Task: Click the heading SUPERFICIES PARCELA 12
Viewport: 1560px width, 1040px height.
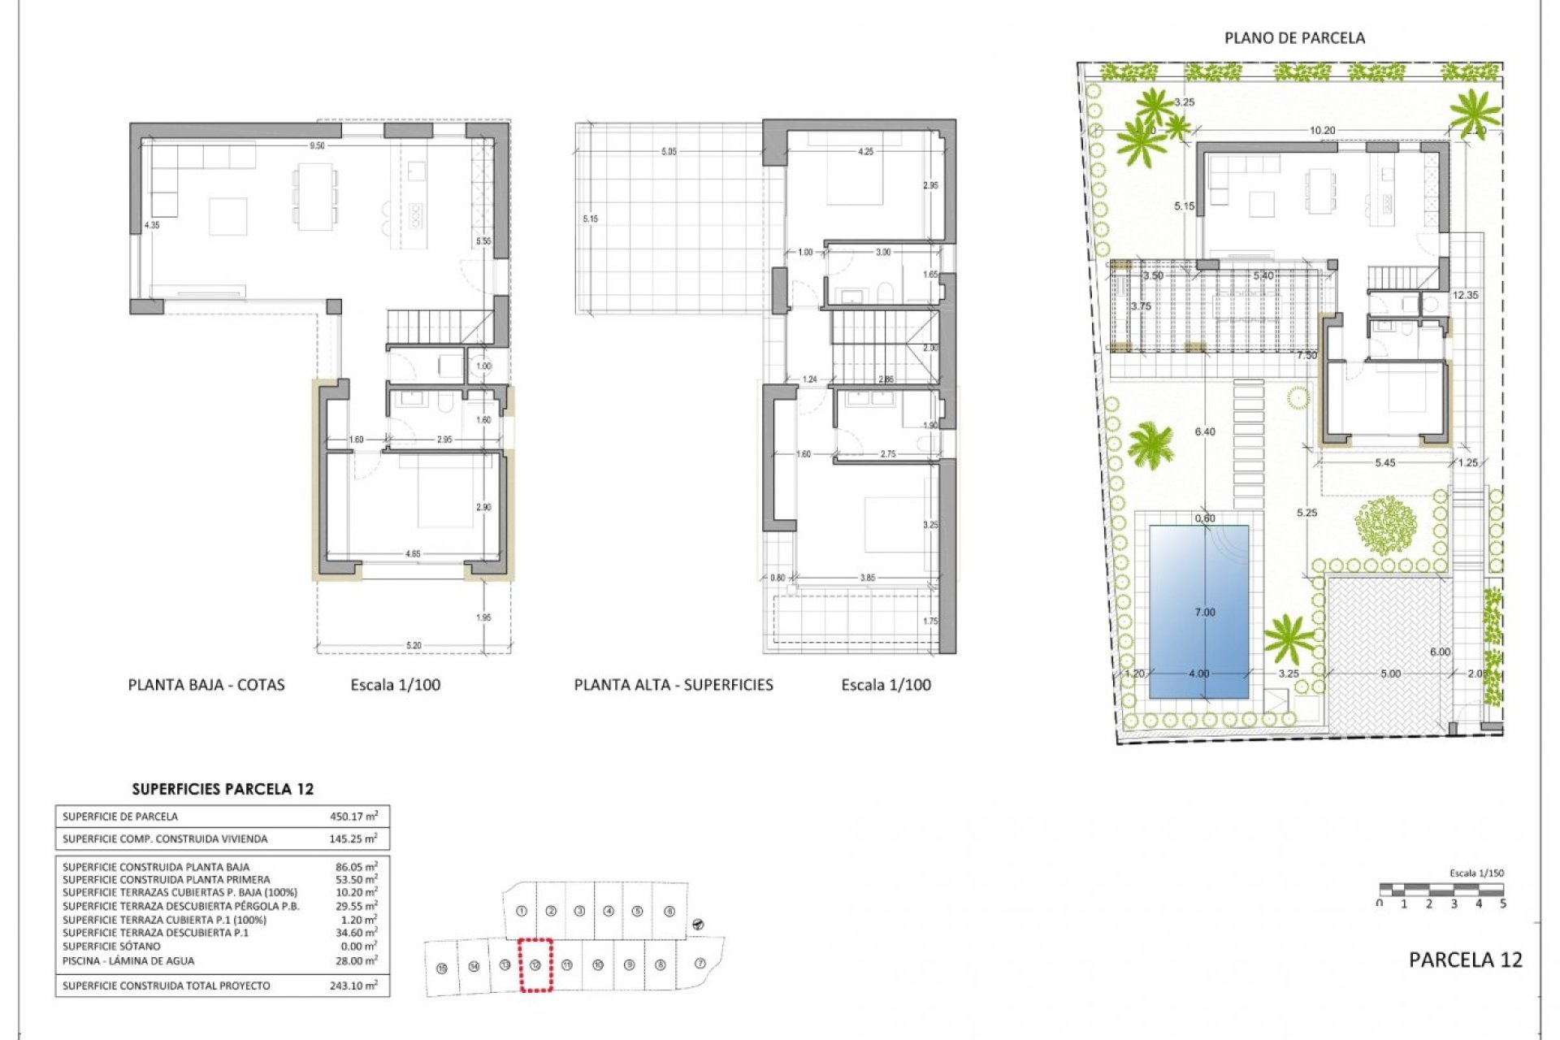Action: (223, 789)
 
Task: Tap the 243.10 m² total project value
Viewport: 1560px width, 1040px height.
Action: (356, 986)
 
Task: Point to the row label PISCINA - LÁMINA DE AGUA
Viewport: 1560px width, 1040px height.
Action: (128, 960)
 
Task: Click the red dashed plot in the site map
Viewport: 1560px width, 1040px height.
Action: (535, 965)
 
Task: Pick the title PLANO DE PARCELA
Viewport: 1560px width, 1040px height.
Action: (1294, 38)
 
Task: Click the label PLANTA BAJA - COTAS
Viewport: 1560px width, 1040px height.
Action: (206, 685)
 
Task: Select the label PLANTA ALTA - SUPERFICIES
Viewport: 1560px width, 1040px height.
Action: (674, 685)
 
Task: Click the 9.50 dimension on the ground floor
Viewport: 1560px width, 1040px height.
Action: (317, 146)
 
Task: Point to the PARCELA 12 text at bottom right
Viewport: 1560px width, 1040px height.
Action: (1465, 960)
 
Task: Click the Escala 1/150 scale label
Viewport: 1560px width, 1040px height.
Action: (1476, 873)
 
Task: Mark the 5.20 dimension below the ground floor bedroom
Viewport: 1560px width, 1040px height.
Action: (414, 646)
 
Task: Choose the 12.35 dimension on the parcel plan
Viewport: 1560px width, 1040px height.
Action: (1465, 295)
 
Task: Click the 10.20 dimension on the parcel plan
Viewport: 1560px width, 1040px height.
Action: (1322, 130)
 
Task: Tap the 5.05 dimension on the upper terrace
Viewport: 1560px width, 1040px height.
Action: (668, 152)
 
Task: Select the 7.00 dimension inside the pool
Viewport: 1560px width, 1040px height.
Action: (1205, 613)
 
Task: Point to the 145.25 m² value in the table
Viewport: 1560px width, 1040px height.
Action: (356, 838)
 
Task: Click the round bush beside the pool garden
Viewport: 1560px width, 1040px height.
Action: (1385, 525)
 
